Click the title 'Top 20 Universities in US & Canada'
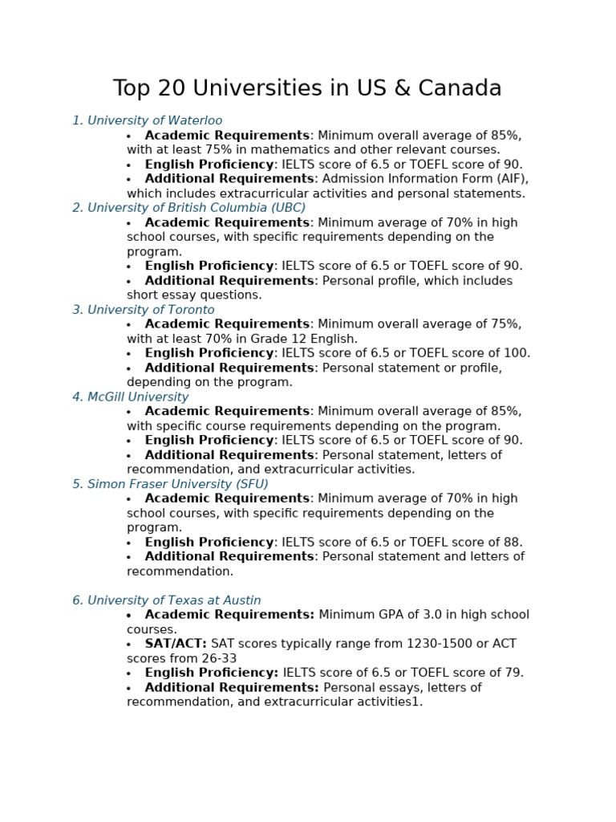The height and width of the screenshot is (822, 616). click(307, 88)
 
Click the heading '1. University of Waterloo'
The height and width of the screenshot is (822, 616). click(148, 121)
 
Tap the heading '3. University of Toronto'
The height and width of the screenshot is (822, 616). click(144, 310)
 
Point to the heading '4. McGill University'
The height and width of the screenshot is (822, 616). click(131, 397)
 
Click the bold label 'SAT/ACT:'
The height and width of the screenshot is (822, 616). click(176, 644)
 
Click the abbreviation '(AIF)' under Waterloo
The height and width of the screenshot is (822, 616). click(509, 179)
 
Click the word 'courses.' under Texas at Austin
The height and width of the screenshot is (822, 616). click(152, 629)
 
